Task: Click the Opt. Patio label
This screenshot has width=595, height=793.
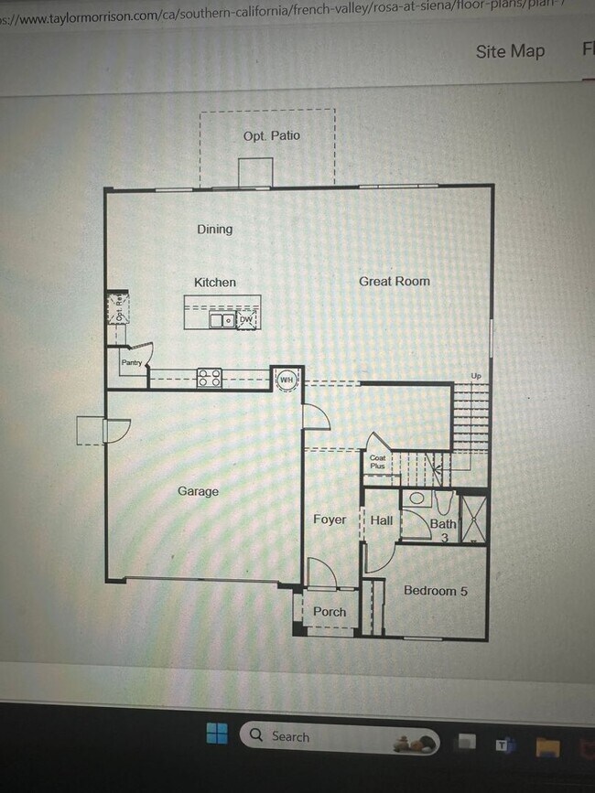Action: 271,136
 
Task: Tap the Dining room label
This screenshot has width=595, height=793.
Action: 215,230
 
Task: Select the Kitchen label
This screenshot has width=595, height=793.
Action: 215,283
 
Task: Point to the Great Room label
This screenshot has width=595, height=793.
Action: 394,282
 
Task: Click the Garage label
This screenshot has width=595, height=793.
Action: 198,492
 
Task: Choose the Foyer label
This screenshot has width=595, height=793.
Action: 330,520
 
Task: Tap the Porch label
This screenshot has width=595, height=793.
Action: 330,612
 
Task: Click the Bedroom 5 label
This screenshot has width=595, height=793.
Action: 436,591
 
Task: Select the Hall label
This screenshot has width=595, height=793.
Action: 382,520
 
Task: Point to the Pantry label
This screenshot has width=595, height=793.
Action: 131,363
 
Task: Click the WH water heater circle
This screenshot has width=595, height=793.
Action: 287,380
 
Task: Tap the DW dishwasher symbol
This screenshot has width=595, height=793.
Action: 246,320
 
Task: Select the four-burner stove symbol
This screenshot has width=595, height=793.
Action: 209,378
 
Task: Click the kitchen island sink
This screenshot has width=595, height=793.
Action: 222,320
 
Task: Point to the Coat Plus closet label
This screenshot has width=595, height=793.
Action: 377,462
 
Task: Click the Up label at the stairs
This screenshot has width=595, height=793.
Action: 476,376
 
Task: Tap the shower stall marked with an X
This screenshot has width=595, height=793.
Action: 472,519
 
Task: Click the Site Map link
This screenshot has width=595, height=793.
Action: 510,51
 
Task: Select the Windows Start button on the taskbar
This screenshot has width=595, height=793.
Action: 217,734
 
